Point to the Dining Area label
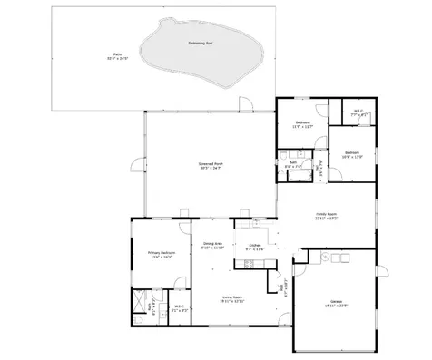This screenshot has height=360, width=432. tap(213, 245)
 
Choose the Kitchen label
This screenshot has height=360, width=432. tap(255, 247)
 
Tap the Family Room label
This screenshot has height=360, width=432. tap(325, 217)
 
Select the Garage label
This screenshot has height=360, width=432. tap(335, 304)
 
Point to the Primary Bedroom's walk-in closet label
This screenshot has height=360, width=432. tap(180, 307)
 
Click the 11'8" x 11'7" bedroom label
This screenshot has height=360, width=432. tap(303, 124)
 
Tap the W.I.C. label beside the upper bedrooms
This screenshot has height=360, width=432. tap(358, 113)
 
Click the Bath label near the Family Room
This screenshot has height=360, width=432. tap(293, 165)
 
